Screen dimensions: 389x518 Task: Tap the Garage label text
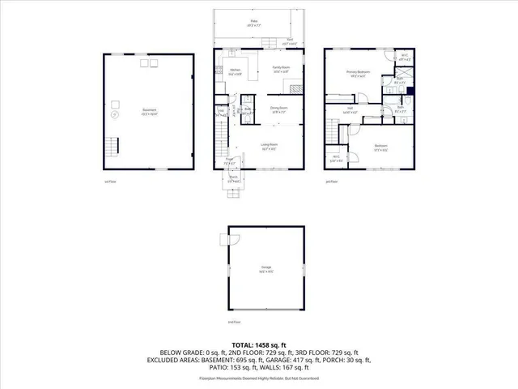pyautogui.click(x=265, y=267)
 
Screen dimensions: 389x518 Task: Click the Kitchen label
pyautogui.click(x=236, y=71)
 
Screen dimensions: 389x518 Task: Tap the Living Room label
pyautogui.click(x=269, y=146)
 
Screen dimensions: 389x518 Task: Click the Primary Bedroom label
pyautogui.click(x=358, y=73)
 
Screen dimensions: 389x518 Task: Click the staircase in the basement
pyautogui.click(x=113, y=147)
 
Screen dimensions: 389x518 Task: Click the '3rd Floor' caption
pyautogui.click(x=330, y=182)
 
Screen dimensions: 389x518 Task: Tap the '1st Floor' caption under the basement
pyautogui.click(x=110, y=182)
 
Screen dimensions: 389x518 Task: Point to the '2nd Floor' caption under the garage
pyautogui.click(x=233, y=323)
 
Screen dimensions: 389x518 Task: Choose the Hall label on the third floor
pyautogui.click(x=350, y=108)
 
